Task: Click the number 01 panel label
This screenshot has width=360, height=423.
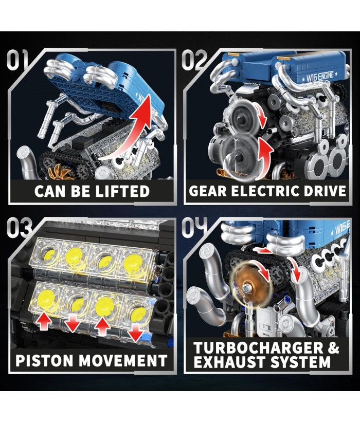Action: coord(17,60)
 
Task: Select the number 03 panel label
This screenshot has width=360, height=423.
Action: coord(20,228)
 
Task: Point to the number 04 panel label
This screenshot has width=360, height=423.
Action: coord(195,228)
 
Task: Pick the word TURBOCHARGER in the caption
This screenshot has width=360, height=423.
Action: coord(258,348)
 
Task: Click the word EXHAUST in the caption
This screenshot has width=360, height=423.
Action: coord(230,362)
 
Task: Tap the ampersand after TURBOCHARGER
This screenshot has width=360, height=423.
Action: coord(334,348)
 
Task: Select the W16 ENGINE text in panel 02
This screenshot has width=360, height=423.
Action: coord(320,77)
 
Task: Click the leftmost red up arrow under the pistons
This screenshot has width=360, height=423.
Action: coord(44,322)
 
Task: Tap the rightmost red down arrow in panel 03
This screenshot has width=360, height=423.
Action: coord(135,333)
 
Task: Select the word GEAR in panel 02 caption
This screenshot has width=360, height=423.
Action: coord(208,191)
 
